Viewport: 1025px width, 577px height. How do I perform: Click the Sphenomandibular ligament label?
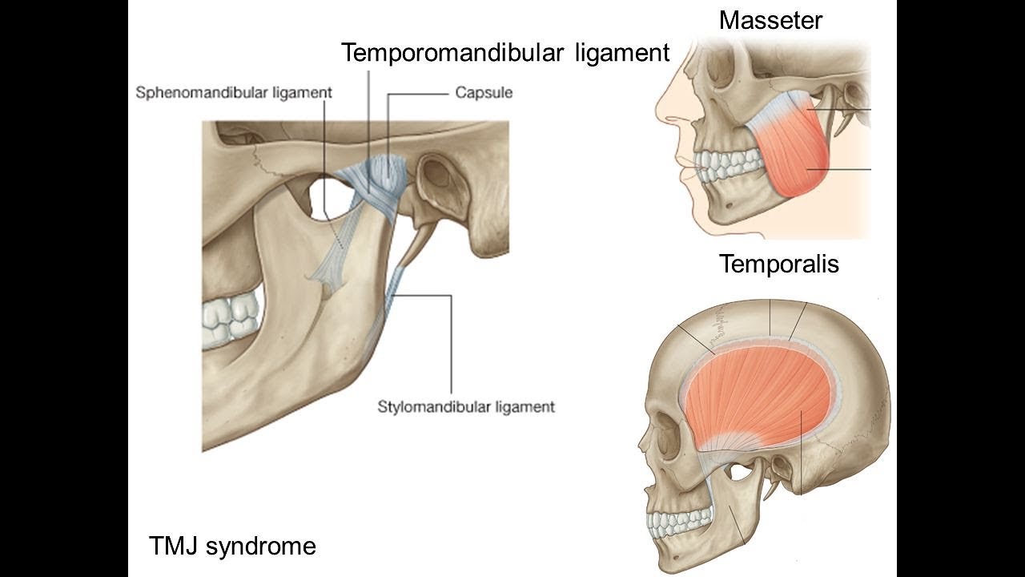233,92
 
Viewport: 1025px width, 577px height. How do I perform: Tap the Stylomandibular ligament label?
465,406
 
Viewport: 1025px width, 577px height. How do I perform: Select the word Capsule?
484,92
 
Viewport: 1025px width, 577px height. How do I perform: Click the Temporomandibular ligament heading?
504,53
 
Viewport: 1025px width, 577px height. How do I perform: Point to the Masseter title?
770,20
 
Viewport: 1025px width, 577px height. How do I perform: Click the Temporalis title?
778,264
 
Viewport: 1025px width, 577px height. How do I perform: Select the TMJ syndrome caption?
232,547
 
